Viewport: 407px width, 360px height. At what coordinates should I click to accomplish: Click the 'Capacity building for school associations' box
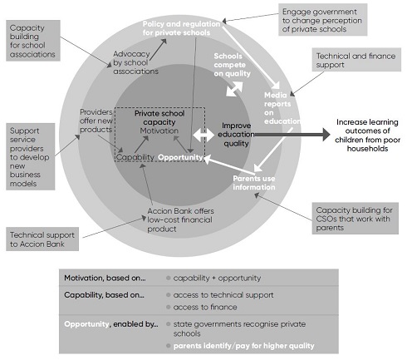(33, 41)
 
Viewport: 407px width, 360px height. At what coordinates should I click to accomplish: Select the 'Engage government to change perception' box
(322, 20)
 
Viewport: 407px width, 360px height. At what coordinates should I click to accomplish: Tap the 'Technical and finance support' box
(356, 60)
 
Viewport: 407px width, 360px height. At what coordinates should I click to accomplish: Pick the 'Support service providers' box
(31, 156)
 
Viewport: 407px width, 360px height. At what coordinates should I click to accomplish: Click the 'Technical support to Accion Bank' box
(42, 239)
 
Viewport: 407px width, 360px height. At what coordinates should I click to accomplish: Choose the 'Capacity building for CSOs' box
(356, 219)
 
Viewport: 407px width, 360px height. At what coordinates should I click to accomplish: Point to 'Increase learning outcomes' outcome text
(367, 136)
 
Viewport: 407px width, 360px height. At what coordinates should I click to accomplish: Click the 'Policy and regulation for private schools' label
(181, 28)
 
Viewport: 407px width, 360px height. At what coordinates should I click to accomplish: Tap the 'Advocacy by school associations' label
(135, 62)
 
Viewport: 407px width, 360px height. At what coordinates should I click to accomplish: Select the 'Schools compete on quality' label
(232, 65)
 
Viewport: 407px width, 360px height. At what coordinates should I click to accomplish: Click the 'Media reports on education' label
(282, 108)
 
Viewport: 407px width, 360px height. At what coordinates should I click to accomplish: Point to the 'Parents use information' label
(254, 183)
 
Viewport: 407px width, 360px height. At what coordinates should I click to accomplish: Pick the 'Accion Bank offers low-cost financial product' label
(180, 219)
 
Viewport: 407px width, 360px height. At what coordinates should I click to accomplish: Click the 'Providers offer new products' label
(96, 121)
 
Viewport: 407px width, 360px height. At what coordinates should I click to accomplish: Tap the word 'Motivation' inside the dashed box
(159, 131)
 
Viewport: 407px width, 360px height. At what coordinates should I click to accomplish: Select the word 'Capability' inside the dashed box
(135, 157)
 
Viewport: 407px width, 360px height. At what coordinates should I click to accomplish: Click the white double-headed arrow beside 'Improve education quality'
(203, 136)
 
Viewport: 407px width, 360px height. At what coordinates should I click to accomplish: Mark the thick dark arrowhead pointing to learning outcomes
(326, 135)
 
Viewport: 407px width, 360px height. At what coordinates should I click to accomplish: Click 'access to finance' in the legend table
(205, 307)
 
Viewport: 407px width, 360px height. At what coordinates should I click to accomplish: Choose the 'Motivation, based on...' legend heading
(105, 278)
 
